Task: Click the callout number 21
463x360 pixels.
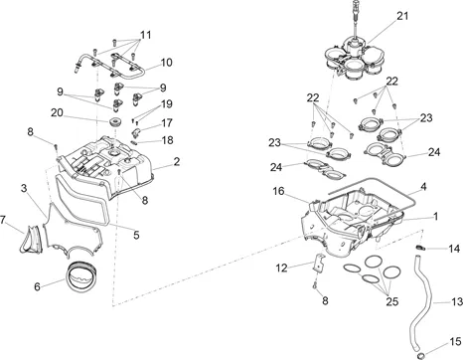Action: [x=402, y=16]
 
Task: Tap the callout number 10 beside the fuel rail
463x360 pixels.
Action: [x=166, y=62]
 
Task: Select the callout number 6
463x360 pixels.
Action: [x=37, y=286]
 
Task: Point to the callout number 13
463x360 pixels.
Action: [x=457, y=301]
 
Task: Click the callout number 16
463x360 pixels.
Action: [x=278, y=191]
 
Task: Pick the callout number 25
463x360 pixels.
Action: [x=391, y=301]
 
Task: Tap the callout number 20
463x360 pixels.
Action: [x=57, y=112]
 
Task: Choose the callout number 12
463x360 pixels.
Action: [x=282, y=268]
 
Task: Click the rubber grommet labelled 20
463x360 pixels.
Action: [x=115, y=121]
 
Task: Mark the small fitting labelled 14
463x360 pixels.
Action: [x=420, y=247]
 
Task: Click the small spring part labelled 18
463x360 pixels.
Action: [x=135, y=142]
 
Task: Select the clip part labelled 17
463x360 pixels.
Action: [x=136, y=132]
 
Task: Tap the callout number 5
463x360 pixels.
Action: [x=136, y=235]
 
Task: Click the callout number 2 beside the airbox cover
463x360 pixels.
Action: [x=177, y=161]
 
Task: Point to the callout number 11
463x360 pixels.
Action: [x=146, y=35]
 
